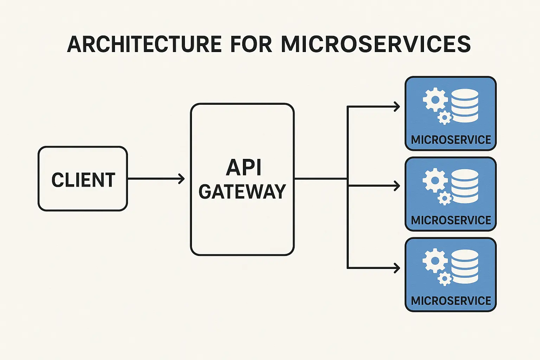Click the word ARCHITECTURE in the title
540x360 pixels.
[x=144, y=44]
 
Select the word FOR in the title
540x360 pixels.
[x=251, y=44]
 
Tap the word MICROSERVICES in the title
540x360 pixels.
[x=375, y=44]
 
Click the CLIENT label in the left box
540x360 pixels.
[x=83, y=180]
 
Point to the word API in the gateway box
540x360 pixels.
[x=244, y=168]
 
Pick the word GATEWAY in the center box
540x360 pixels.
[x=242, y=192]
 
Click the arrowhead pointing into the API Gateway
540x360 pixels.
[x=181, y=179]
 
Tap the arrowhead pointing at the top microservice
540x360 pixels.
[x=397, y=107]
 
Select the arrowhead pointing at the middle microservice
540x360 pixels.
[x=397, y=186]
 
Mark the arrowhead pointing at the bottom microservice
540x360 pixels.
[x=397, y=268]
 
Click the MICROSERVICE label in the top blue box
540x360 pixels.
[x=451, y=140]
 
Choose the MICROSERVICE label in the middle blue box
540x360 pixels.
[x=451, y=220]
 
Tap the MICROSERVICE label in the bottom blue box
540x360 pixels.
[x=451, y=301]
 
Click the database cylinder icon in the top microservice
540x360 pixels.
[x=465, y=105]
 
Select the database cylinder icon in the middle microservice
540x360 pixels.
[x=465, y=186]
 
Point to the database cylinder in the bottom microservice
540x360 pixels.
[x=465, y=266]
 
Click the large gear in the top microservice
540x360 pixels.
[x=435, y=100]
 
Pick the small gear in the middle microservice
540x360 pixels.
[x=445, y=199]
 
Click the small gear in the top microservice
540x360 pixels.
[x=445, y=118]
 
